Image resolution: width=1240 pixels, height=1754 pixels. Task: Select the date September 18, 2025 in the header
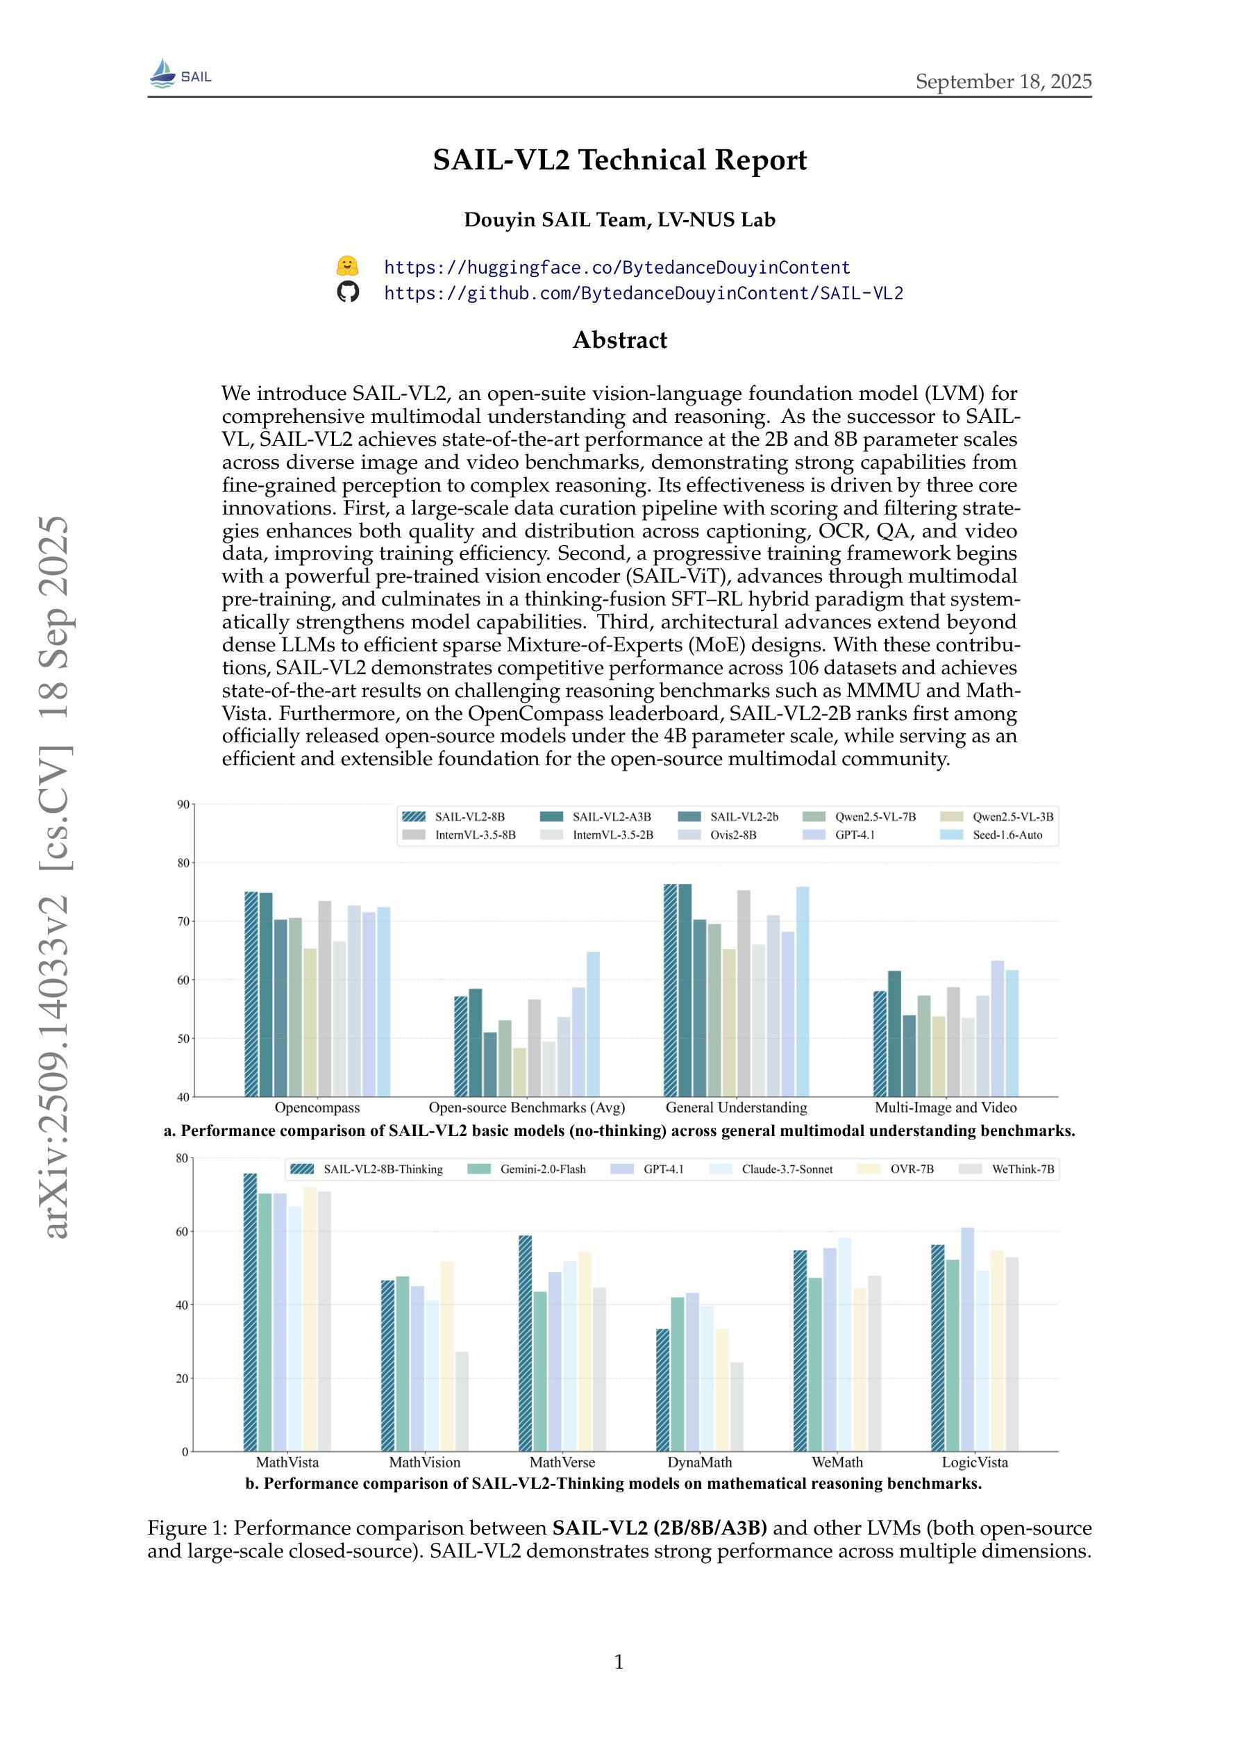[x=1003, y=82]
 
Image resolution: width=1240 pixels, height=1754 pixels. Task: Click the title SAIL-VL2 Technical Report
[x=619, y=160]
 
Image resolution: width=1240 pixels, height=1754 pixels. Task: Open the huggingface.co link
[x=617, y=267]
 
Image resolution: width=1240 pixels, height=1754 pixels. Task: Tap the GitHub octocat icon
[x=348, y=292]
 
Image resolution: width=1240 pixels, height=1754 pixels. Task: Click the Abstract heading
[x=619, y=340]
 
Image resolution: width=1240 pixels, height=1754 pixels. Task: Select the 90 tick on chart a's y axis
[x=183, y=803]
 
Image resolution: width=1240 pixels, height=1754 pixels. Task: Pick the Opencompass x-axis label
[x=317, y=1108]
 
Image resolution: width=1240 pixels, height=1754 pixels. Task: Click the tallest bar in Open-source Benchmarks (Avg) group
[x=593, y=1024]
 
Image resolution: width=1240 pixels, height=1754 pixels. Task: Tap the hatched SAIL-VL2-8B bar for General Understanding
[x=670, y=990]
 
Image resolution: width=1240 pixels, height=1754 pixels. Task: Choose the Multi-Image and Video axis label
[x=945, y=1108]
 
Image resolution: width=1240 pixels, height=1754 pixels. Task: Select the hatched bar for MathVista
[x=250, y=1312]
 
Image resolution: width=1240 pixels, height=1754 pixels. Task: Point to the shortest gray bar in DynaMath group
[x=737, y=1408]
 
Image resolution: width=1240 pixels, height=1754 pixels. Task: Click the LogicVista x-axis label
[x=974, y=1462]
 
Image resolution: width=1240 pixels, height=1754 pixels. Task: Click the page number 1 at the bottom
[x=619, y=1662]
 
